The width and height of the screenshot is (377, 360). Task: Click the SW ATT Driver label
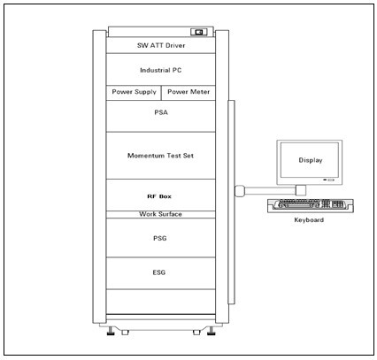click(161, 45)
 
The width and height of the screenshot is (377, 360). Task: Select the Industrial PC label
click(161, 70)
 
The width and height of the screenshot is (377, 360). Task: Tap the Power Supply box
click(134, 93)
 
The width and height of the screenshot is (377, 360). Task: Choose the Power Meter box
click(188, 93)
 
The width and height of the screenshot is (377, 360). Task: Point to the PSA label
click(161, 112)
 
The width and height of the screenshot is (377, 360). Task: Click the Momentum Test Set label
click(160, 156)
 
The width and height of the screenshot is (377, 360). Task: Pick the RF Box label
click(159, 196)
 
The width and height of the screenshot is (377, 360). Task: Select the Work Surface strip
click(161, 214)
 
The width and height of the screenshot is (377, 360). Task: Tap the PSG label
click(160, 238)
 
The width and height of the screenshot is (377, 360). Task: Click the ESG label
click(159, 272)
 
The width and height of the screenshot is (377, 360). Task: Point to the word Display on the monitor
click(311, 160)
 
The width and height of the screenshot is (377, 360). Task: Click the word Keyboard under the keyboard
click(309, 220)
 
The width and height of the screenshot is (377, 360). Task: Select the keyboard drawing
click(311, 205)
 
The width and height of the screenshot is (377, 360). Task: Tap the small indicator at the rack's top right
click(198, 32)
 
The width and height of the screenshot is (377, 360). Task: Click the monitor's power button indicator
click(329, 180)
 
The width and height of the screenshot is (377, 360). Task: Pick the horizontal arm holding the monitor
click(270, 191)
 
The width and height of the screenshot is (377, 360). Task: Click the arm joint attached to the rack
click(239, 190)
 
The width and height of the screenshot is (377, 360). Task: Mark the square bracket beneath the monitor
click(301, 190)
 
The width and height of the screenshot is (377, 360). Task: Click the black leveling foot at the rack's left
click(111, 331)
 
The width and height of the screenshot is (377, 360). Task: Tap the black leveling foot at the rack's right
click(212, 331)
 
